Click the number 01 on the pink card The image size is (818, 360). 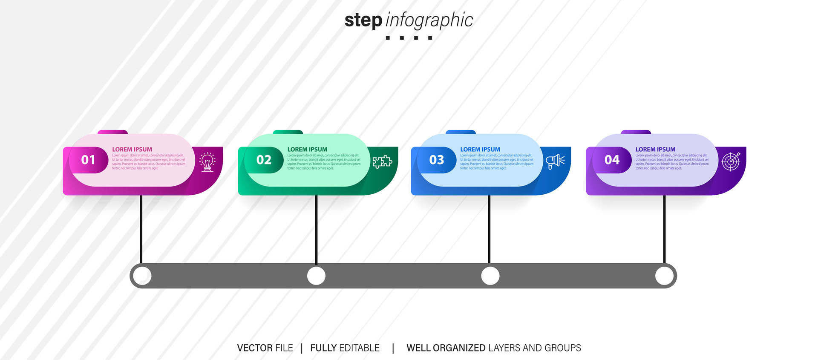click(88, 160)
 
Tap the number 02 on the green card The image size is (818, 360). click(264, 160)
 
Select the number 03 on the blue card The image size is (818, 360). click(437, 160)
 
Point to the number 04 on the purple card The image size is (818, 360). click(612, 160)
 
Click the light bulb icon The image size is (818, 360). click(207, 162)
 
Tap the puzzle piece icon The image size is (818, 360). click(382, 161)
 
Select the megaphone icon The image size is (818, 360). click(555, 161)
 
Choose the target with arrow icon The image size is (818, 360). click(731, 161)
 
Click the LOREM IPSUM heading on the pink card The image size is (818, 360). click(132, 150)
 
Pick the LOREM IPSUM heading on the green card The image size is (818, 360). click(307, 150)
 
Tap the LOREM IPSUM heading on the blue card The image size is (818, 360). click(480, 150)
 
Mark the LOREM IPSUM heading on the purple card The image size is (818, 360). click(655, 150)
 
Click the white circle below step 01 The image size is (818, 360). click(142, 276)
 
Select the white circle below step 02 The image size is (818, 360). click(316, 276)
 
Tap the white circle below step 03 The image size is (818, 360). click(490, 276)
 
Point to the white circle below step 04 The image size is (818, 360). click(664, 276)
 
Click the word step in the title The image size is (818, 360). click(363, 20)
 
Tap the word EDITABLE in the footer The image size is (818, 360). click(359, 348)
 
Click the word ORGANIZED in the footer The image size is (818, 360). click(459, 348)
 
